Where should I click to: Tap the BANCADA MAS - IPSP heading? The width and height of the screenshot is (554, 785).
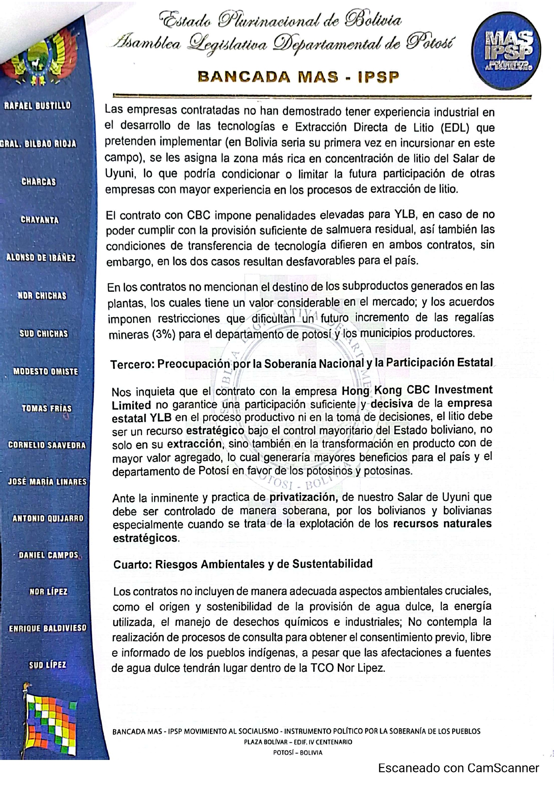298,77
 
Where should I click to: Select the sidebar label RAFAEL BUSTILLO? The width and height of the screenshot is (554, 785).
37,106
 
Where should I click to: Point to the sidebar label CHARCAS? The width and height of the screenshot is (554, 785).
39,182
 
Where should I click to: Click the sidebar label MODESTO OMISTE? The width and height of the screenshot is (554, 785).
46,372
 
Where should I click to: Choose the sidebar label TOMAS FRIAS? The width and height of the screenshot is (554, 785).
46,408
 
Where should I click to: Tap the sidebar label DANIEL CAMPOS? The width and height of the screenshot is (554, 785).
48,555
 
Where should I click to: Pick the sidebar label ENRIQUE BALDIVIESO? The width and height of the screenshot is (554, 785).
48,628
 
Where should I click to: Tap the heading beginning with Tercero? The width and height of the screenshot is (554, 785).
302,363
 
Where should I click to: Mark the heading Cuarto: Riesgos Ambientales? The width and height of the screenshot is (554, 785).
243,564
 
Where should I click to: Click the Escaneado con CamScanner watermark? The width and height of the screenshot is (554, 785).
458,768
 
